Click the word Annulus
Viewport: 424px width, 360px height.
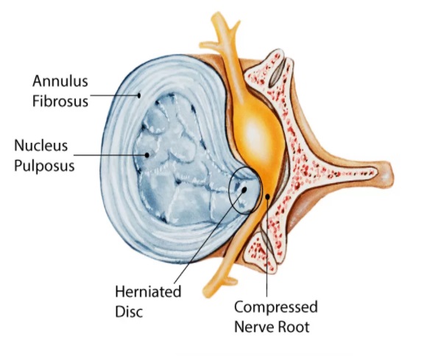tap(60, 81)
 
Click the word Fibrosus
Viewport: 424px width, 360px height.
tap(60, 101)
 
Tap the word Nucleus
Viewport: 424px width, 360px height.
tap(40, 146)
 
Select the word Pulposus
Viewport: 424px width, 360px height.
tap(44, 166)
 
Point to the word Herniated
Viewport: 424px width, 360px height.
tap(148, 292)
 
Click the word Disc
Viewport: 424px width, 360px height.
tap(129, 311)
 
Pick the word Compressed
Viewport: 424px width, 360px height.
tap(276, 308)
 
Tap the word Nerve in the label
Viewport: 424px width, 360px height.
tap(254, 327)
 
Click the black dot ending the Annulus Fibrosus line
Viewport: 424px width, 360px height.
tap(139, 95)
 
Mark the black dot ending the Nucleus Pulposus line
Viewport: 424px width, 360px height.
tap(147, 155)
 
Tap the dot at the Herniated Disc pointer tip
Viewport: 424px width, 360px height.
tap(244, 190)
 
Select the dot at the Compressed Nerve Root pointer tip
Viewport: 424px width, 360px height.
tap(267, 197)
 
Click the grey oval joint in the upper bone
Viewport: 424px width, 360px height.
tap(278, 73)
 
